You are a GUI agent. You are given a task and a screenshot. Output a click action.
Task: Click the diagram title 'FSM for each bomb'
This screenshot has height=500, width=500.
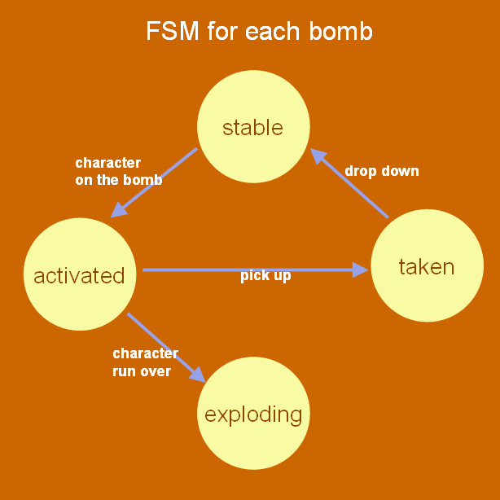(259, 31)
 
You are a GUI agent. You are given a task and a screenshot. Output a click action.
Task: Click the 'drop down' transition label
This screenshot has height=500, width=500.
(382, 171)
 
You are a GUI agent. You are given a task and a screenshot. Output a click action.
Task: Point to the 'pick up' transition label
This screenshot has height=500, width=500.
(265, 276)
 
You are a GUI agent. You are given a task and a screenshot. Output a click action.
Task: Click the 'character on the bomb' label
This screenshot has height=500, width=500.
(118, 172)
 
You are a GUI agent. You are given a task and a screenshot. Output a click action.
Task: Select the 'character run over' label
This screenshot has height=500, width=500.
(144, 362)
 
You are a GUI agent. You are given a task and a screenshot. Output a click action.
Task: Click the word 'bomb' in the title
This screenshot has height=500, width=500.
(340, 31)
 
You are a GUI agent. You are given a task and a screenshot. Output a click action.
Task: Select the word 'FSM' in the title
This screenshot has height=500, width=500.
(169, 31)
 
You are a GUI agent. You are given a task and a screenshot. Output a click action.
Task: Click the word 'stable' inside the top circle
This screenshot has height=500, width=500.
(252, 128)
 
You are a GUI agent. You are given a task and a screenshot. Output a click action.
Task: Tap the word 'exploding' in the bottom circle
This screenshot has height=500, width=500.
(253, 414)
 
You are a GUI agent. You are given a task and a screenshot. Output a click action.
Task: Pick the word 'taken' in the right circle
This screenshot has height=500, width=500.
(426, 266)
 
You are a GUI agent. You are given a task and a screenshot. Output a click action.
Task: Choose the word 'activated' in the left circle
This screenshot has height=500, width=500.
(79, 275)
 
